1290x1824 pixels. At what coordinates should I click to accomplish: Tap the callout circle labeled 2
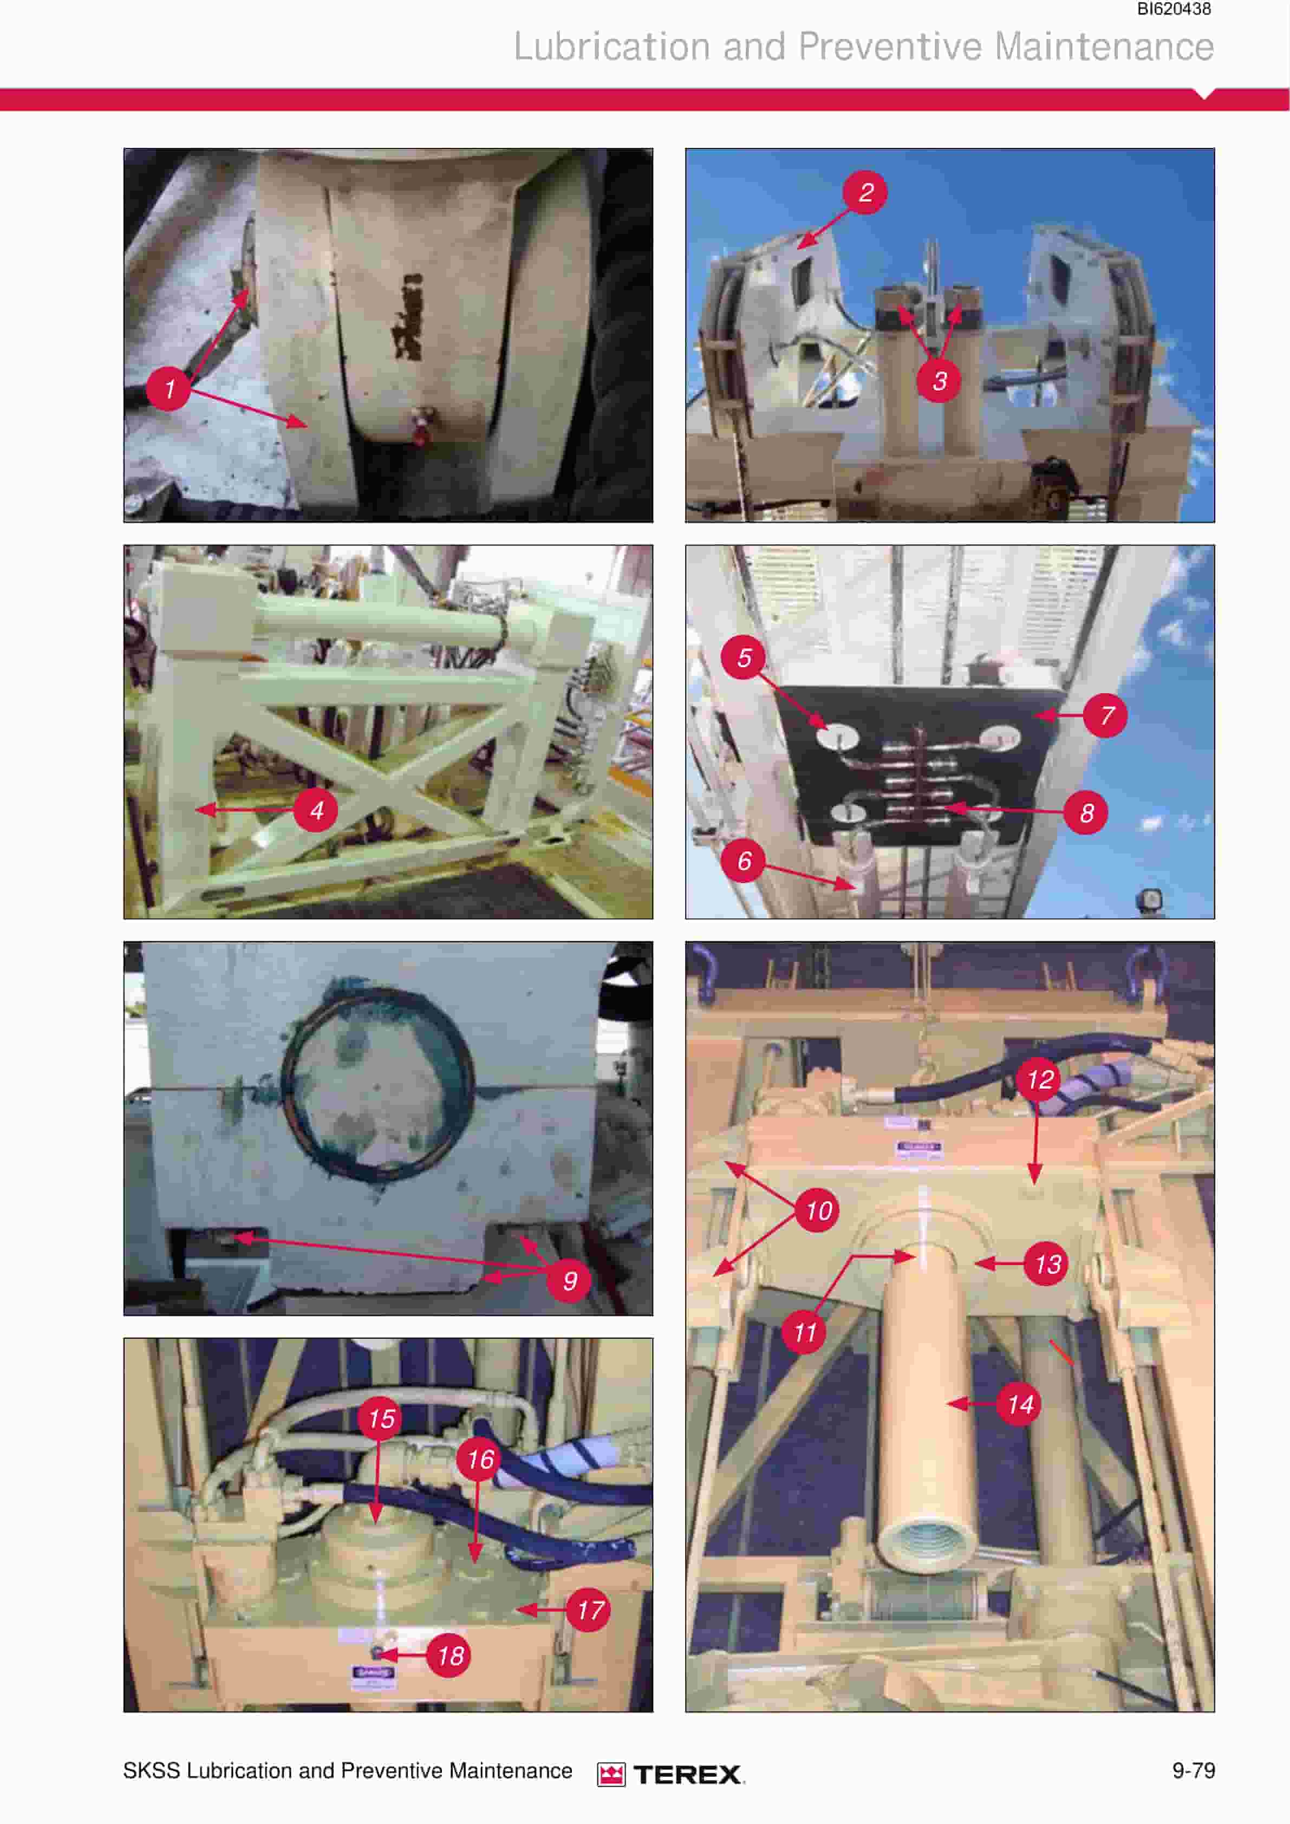866,192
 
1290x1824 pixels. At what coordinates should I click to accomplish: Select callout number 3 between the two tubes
939,381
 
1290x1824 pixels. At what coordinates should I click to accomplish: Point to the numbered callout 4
316,810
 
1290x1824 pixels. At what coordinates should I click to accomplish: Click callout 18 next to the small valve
449,1656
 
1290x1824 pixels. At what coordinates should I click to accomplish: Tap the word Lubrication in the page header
611,46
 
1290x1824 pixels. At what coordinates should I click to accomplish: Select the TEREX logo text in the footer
688,1774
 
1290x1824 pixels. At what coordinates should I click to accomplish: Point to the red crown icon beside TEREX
611,1774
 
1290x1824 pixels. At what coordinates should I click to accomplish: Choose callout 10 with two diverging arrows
818,1211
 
